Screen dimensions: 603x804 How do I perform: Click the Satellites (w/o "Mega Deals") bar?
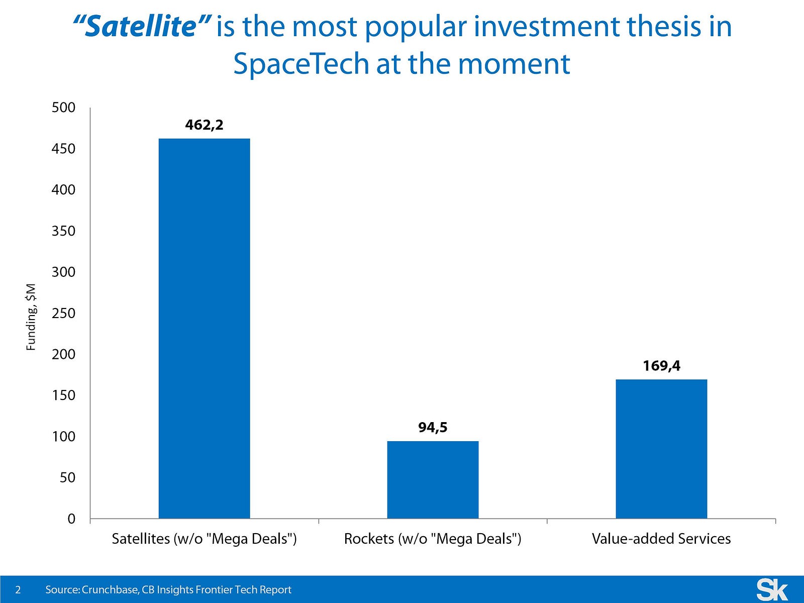tap(204, 328)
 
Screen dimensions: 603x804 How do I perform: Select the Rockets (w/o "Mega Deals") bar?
tap(433, 479)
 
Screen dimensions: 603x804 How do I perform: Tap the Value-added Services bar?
tap(661, 449)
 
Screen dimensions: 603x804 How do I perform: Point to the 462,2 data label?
tap(204, 125)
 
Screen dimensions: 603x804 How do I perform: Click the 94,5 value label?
tap(433, 427)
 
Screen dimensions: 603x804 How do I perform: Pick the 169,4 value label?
tap(661, 365)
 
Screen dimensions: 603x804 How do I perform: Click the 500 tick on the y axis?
tap(63, 108)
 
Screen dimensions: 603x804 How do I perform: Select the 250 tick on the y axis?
tap(63, 313)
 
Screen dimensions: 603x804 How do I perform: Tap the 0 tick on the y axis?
tap(71, 519)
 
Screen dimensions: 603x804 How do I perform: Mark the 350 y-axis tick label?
tap(63, 231)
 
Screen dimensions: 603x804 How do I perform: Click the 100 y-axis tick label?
tap(63, 436)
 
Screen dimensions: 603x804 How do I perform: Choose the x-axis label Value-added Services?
tap(661, 539)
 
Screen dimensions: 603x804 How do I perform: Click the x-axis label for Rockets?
tap(433, 539)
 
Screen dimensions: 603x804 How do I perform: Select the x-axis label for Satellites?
tap(204, 539)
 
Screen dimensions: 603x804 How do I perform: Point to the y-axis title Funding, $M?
tap(31, 317)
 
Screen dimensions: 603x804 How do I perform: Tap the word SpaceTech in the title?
tap(301, 64)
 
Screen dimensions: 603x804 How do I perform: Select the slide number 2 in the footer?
tap(18, 590)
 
